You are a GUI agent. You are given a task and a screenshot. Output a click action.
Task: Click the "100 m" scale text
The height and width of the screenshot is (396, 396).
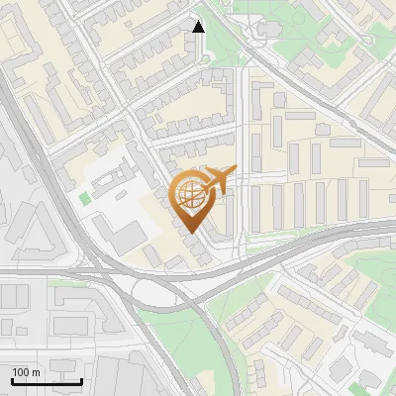(26, 371)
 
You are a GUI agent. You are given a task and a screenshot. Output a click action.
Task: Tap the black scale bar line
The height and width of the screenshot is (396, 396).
(47, 381)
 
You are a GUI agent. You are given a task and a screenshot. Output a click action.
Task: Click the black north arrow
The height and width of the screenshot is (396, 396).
(198, 27)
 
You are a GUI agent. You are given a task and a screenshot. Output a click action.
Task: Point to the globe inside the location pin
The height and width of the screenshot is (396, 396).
(189, 192)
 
